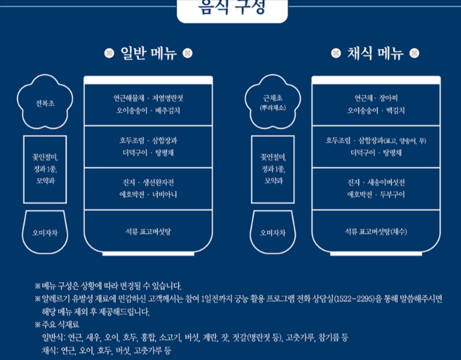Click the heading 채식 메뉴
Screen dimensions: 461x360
click(375, 53)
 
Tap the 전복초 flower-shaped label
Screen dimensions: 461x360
click(45, 103)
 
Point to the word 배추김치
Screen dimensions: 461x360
click(169, 110)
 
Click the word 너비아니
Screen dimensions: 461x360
click(164, 194)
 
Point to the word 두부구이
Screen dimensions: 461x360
click(393, 194)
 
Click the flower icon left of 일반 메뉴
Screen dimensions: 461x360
click(108, 54)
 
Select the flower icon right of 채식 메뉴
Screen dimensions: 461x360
click(415, 54)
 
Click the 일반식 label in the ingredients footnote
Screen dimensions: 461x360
click(51, 338)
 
